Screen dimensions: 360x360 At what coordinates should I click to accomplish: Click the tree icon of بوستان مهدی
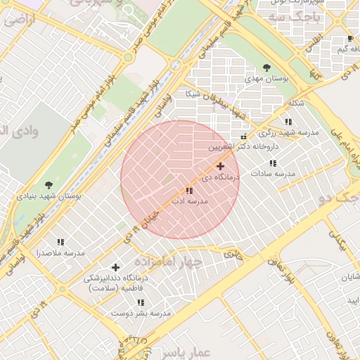(x=266, y=67)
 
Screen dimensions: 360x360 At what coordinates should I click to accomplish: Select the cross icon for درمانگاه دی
(x=221, y=167)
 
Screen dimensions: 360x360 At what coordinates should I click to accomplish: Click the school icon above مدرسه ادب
(x=189, y=191)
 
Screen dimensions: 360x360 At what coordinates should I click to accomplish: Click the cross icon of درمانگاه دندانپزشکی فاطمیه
(x=115, y=266)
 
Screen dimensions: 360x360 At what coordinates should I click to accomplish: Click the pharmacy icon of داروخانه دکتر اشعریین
(x=244, y=136)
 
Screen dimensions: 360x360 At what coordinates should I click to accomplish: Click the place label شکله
(x=296, y=103)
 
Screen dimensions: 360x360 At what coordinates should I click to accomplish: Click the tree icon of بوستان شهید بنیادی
(x=48, y=185)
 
